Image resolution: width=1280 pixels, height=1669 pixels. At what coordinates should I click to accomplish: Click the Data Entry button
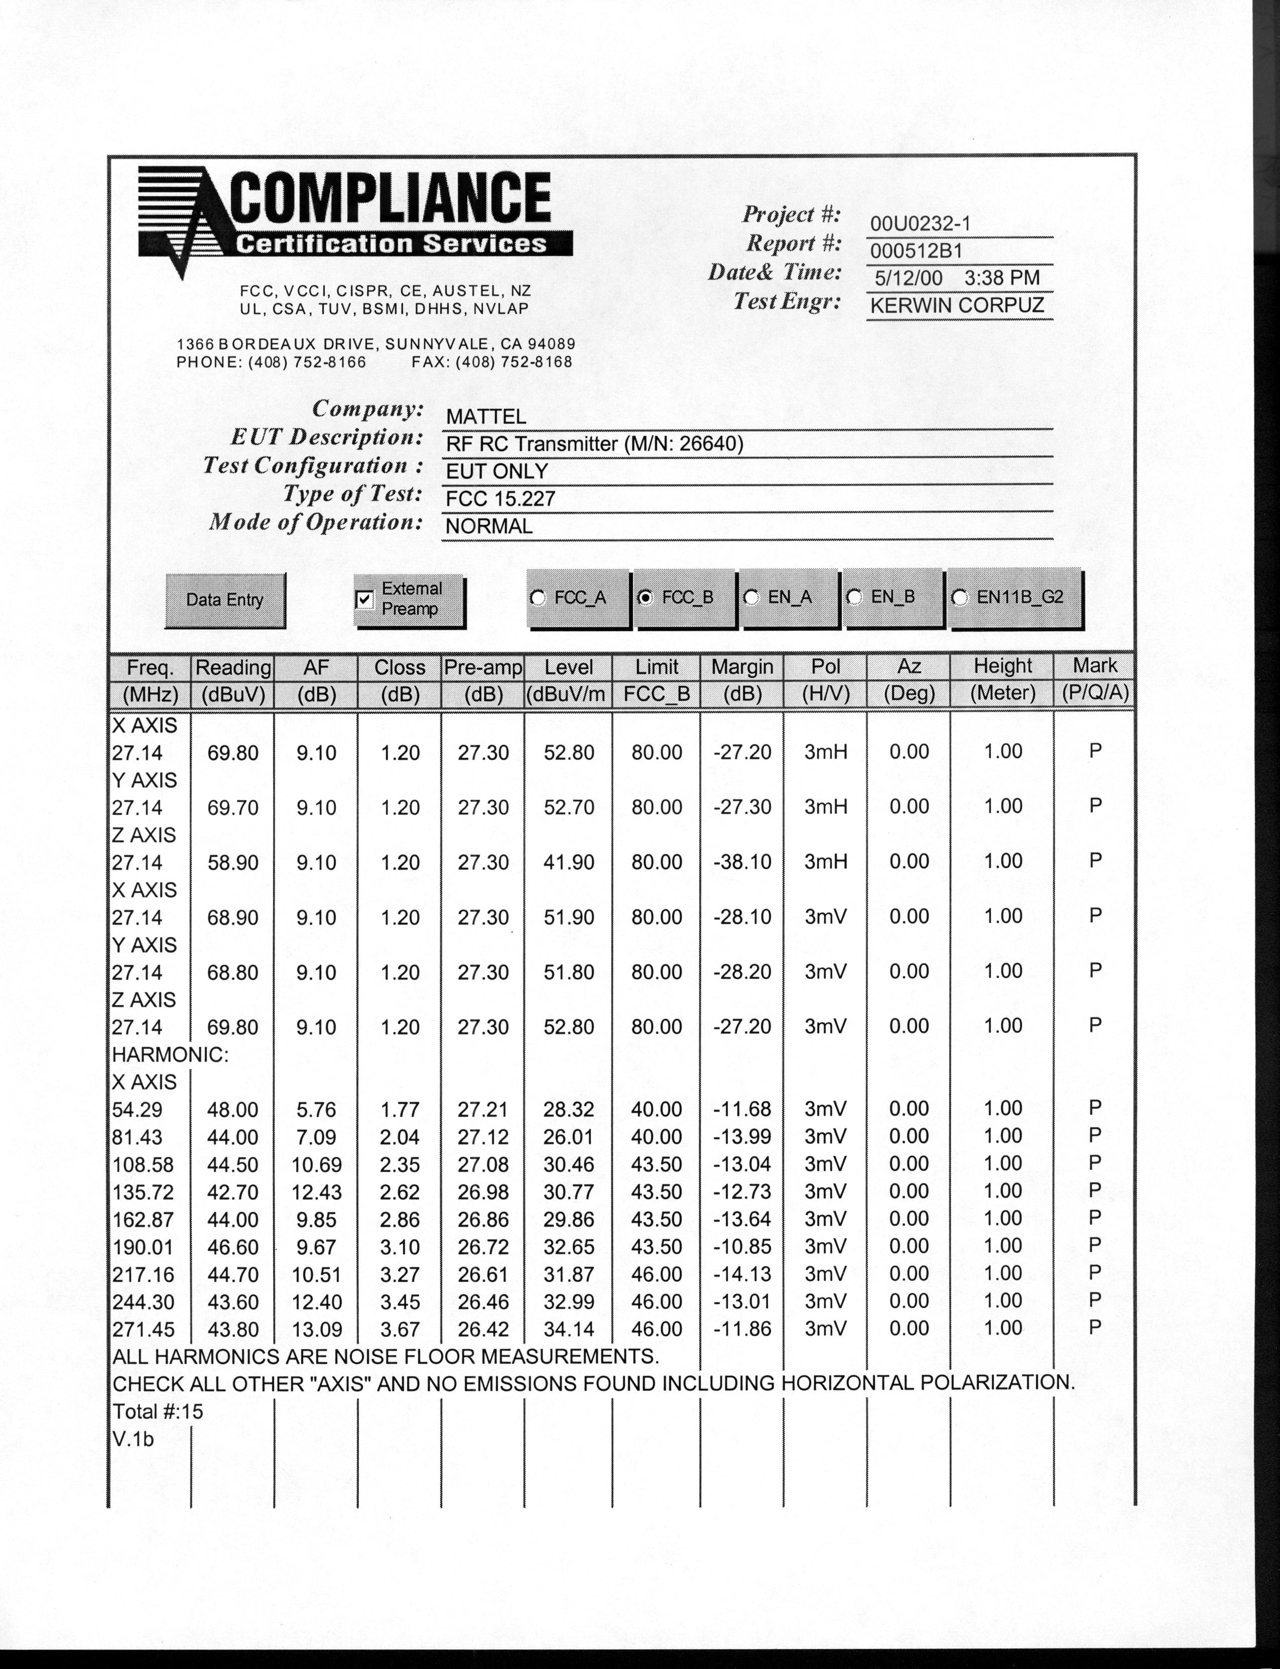[225, 600]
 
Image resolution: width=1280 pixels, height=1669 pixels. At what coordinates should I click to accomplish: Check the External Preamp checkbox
[365, 600]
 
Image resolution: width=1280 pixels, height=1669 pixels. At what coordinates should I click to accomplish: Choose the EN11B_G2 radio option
[960, 598]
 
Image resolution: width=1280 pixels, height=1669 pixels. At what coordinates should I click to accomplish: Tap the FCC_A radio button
[538, 598]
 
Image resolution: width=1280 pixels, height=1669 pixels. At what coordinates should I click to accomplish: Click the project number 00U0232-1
[920, 223]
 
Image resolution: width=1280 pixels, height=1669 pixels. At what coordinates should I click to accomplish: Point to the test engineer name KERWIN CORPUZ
[957, 306]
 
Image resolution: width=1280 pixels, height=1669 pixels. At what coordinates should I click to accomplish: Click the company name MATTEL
[485, 417]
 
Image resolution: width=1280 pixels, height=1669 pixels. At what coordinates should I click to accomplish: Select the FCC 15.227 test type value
[500, 499]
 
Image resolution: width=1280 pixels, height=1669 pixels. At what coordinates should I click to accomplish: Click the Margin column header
[742, 668]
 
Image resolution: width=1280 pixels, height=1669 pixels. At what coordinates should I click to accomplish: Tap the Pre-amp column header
[483, 668]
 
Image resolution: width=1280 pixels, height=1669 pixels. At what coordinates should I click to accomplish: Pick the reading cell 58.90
[232, 863]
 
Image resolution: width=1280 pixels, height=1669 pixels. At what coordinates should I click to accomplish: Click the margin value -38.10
[742, 862]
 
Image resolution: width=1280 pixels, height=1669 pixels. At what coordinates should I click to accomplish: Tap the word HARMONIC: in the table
[170, 1055]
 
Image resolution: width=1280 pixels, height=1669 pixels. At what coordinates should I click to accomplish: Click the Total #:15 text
[158, 1412]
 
